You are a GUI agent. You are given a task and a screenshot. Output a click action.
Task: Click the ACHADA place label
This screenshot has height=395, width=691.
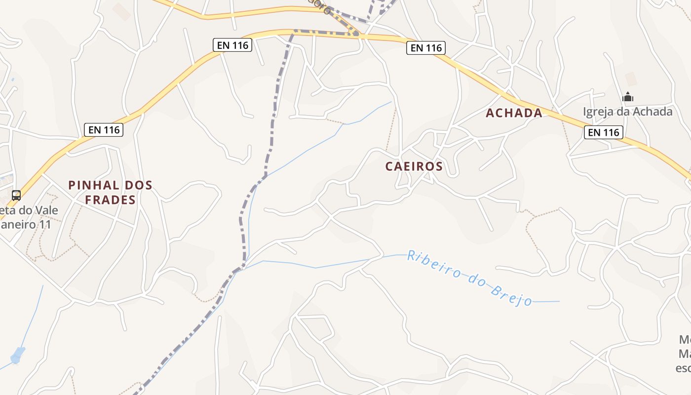click(514, 113)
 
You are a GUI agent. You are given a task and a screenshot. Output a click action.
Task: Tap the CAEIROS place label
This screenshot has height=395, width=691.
click(414, 166)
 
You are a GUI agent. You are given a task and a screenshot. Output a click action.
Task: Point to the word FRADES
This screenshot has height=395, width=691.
click(110, 200)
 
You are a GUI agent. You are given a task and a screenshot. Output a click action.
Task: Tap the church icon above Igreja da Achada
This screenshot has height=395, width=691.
click(628, 97)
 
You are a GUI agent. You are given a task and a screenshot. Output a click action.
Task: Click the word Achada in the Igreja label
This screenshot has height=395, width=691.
click(653, 112)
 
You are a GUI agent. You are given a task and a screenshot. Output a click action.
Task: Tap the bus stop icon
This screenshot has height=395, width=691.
click(16, 196)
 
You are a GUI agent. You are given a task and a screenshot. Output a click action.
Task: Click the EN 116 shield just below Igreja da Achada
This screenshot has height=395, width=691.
click(603, 132)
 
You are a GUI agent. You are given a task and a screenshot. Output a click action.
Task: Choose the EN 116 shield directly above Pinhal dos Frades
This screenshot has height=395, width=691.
click(103, 130)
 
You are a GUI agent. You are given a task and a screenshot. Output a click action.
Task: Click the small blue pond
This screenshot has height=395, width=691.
click(18, 355)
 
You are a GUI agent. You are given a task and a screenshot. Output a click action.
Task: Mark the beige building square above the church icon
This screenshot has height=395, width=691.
click(631, 79)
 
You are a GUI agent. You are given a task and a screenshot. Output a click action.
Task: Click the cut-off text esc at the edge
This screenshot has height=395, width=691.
click(683, 368)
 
